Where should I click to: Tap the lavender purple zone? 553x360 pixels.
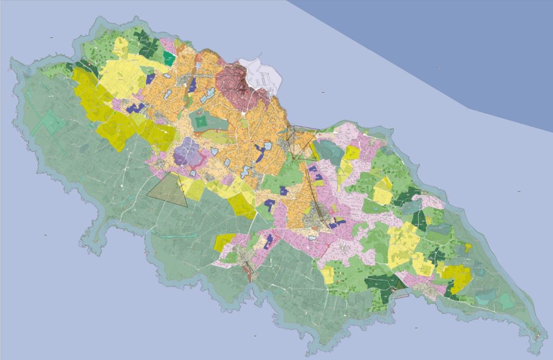pyautogui.click(x=187, y=152)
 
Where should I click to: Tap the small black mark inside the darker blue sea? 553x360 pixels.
pyautogui.click(x=439, y=67)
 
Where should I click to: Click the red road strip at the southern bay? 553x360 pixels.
pyautogui.click(x=249, y=275)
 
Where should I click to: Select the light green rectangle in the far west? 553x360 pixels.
pyautogui.click(x=49, y=122)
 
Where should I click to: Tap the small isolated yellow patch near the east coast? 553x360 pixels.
pyautogui.click(x=468, y=247)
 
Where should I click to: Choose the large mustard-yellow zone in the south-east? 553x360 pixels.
pyautogui.click(x=457, y=276)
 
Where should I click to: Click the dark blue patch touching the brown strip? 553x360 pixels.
pyautogui.click(x=192, y=85)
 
